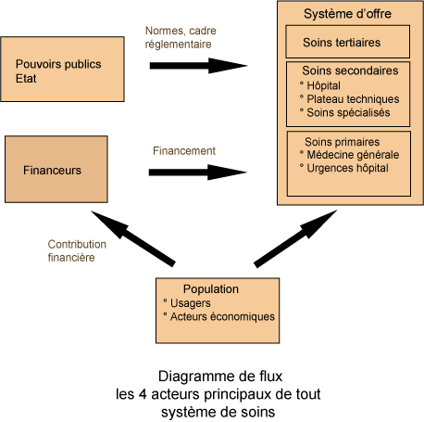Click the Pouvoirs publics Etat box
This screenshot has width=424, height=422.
coord(62,69)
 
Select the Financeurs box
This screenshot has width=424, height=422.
coord(56,169)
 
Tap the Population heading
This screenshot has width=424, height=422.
coord(211,289)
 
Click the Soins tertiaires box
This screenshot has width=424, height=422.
coord(348,42)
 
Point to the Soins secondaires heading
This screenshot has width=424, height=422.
coord(350,70)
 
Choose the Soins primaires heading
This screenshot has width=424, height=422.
coord(343,142)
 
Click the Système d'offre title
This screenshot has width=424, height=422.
coord(347,14)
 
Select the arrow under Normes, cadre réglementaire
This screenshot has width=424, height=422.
coord(198,66)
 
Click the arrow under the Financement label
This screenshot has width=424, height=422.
coord(198,173)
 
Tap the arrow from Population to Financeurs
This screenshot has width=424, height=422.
coord(133,238)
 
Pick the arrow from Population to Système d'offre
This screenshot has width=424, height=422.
coord(295,238)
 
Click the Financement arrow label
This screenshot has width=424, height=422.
coord(184,151)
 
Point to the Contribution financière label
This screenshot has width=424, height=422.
coord(77,250)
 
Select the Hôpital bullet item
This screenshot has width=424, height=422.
coord(320,85)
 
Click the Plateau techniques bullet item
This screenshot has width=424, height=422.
coord(349,99)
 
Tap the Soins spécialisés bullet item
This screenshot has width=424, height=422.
coord(344,112)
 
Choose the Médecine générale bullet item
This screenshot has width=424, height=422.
coord(349,155)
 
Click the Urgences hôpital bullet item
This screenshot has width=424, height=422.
coord(344,168)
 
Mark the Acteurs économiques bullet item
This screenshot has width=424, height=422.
coord(218,316)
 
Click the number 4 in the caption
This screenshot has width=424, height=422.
coord(143,394)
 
